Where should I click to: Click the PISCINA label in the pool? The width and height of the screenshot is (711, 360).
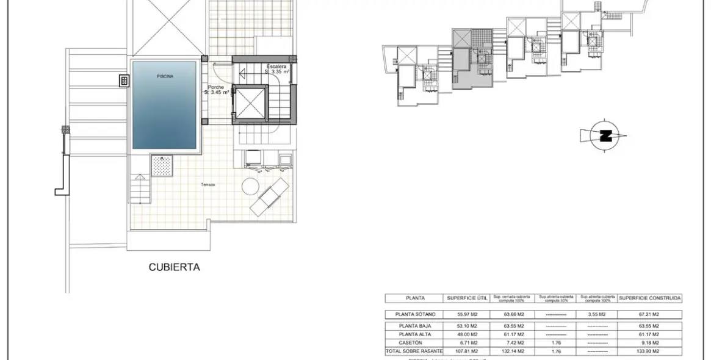[164, 76]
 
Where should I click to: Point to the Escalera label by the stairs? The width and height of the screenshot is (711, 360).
[276, 66]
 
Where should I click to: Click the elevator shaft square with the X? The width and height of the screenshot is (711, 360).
[251, 103]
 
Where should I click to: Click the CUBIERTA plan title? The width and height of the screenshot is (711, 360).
[175, 267]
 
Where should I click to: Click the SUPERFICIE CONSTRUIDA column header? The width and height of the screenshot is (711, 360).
[649, 298]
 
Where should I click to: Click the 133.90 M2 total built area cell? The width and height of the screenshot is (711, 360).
[649, 352]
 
